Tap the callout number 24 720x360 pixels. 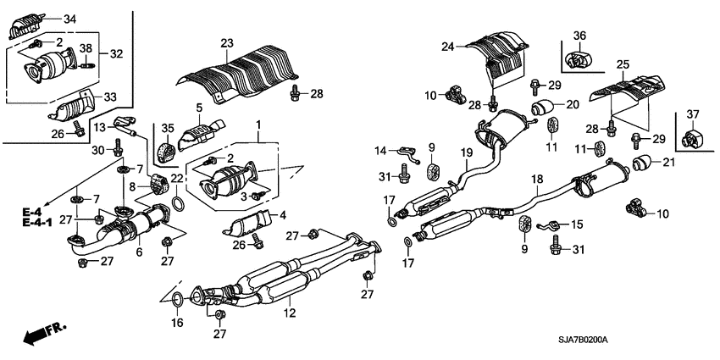point(449,48)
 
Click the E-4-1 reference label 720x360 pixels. point(36,222)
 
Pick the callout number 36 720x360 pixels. point(579,36)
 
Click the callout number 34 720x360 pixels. point(69,19)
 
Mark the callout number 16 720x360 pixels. point(176,323)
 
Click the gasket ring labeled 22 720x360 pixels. point(178,203)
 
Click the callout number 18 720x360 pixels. point(535,180)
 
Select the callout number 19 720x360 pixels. point(466,152)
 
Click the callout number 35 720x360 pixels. point(166,130)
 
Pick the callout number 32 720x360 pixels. point(116,53)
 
